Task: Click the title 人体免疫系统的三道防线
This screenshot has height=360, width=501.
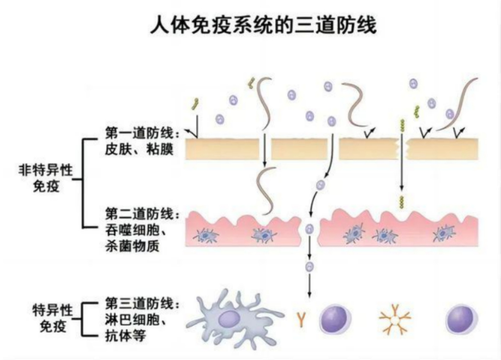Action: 263,25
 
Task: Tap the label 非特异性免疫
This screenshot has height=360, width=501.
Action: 46,178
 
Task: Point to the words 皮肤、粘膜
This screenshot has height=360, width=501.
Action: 139,149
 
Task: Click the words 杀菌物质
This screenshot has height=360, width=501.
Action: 132,246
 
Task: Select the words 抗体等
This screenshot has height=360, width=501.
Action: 125,336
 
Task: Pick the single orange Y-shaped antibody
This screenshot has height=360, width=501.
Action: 301,320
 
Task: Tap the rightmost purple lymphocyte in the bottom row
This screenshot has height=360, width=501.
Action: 461,319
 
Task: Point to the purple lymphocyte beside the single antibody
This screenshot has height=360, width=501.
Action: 335,319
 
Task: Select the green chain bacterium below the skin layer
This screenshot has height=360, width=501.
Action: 401,202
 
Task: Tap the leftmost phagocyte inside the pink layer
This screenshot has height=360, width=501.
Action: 205,236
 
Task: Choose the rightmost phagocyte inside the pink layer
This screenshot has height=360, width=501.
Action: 444,234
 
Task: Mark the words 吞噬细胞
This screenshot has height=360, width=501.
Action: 132,230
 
